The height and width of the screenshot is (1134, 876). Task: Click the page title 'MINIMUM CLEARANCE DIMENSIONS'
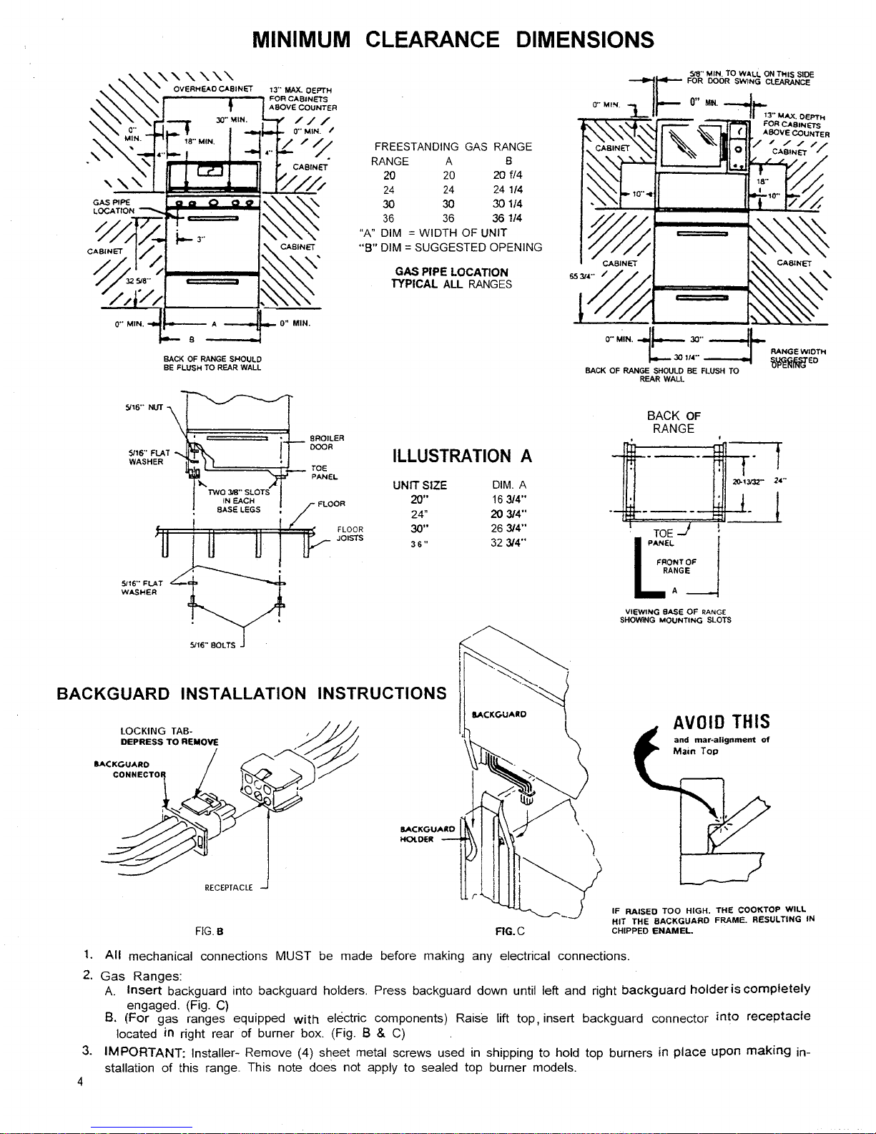pos(453,39)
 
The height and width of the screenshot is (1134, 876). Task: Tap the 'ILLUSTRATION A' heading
pos(463,456)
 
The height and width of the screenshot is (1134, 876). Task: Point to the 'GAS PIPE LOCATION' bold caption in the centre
pos(451,272)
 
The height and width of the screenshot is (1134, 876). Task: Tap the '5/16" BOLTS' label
pos(212,645)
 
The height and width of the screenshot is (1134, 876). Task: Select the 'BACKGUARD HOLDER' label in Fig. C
pos(426,834)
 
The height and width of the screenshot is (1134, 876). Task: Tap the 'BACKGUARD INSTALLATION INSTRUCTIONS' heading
pos(252,693)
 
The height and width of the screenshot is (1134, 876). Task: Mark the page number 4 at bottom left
pos(82,1082)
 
